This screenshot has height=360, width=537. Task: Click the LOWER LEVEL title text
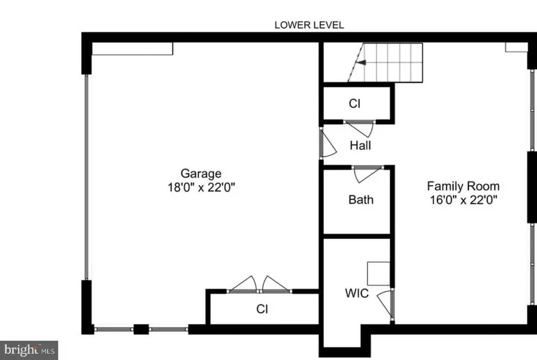point(309,25)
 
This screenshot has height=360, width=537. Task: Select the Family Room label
point(463,186)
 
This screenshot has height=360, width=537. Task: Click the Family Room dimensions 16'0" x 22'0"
point(463,199)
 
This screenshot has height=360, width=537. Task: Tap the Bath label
point(361,199)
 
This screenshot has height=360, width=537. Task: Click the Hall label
point(361,145)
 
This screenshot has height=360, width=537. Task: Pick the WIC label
point(357,293)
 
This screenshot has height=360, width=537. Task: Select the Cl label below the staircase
point(354,104)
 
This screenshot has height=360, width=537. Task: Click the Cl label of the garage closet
point(262,309)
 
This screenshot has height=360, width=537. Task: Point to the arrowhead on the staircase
point(359,61)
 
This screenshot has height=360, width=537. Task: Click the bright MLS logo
point(29,348)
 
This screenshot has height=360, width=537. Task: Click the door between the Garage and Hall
point(327,143)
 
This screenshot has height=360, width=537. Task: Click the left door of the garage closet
point(243,284)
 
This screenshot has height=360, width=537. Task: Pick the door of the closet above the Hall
point(360,128)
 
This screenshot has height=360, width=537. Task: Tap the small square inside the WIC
point(378,273)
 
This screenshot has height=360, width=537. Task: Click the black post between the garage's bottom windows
point(141,328)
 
